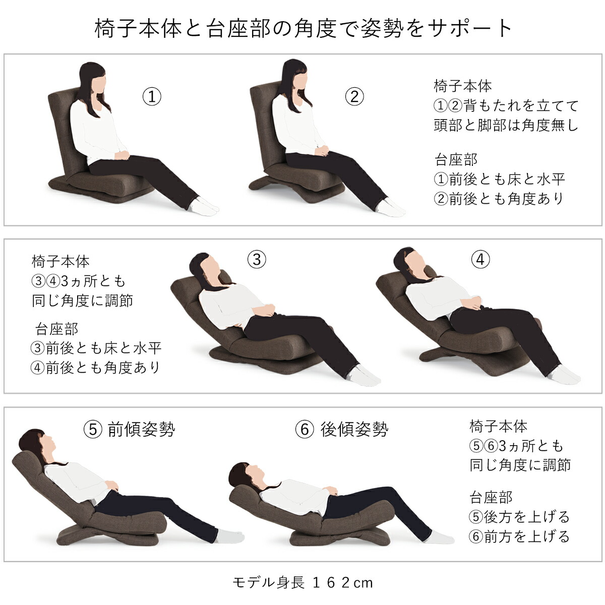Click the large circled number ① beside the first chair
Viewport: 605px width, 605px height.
click(x=152, y=96)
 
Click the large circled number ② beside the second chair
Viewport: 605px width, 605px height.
click(x=354, y=96)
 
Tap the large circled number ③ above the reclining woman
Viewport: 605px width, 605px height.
click(x=257, y=259)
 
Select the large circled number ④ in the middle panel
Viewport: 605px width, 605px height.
click(x=480, y=259)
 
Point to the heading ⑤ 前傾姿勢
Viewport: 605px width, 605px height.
click(x=130, y=430)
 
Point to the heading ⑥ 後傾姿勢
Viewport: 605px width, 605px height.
click(x=342, y=430)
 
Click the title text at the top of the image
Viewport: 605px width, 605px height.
click(x=302, y=28)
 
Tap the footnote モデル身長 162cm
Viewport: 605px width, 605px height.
click(x=302, y=583)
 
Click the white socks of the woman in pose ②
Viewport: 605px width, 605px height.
click(x=391, y=207)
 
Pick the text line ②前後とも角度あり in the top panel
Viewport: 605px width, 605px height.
click(x=499, y=199)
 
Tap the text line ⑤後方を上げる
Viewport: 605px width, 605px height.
click(x=519, y=517)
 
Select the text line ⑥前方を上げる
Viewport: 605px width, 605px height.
click(x=519, y=536)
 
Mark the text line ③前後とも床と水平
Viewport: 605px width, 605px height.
click(x=96, y=348)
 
